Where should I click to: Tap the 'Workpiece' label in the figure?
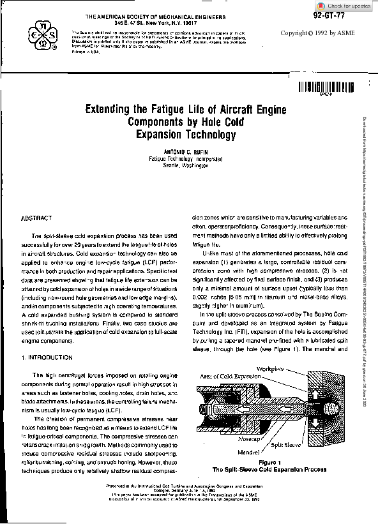(x=271, y=368)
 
